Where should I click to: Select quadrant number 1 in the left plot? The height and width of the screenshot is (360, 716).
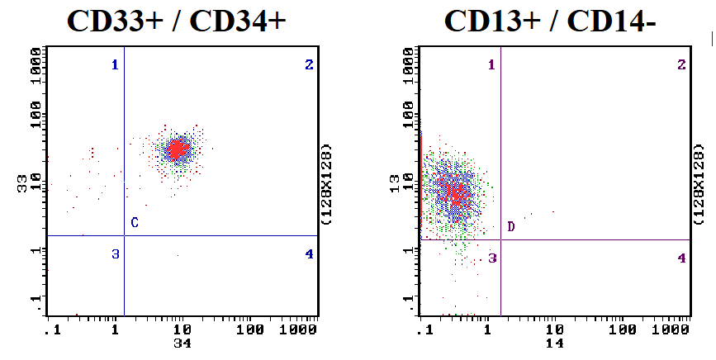[116, 64]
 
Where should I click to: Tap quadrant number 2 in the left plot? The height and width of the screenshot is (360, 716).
[309, 64]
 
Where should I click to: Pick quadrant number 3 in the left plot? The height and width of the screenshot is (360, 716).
[116, 254]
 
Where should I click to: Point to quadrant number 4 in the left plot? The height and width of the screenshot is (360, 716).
[309, 254]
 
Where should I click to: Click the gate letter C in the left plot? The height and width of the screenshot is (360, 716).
[134, 223]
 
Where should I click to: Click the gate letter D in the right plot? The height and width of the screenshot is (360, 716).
[511, 227]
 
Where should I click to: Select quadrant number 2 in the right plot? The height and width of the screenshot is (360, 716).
[681, 64]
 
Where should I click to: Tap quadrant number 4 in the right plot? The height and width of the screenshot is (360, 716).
[681, 258]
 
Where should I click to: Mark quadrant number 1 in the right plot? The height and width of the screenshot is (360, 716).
[491, 64]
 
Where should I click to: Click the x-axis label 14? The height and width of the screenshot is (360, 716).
[554, 342]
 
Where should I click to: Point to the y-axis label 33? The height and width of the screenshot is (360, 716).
[23, 183]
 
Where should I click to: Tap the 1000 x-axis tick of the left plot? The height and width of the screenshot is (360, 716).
[302, 329]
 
